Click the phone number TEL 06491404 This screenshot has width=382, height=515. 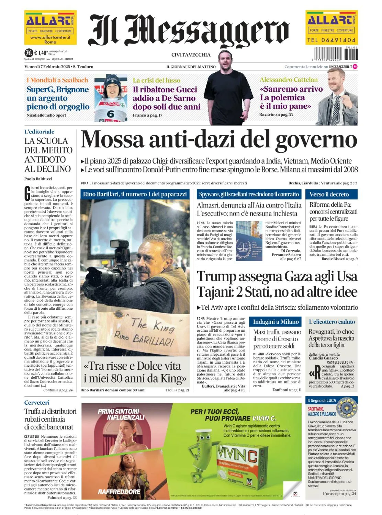[331, 40]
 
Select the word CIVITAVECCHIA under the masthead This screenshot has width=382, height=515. [191, 55]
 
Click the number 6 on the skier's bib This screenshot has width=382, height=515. [110, 113]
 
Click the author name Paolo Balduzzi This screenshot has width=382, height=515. [38, 179]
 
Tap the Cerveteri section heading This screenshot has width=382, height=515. [37, 402]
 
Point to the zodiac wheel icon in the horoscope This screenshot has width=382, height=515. [347, 408]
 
